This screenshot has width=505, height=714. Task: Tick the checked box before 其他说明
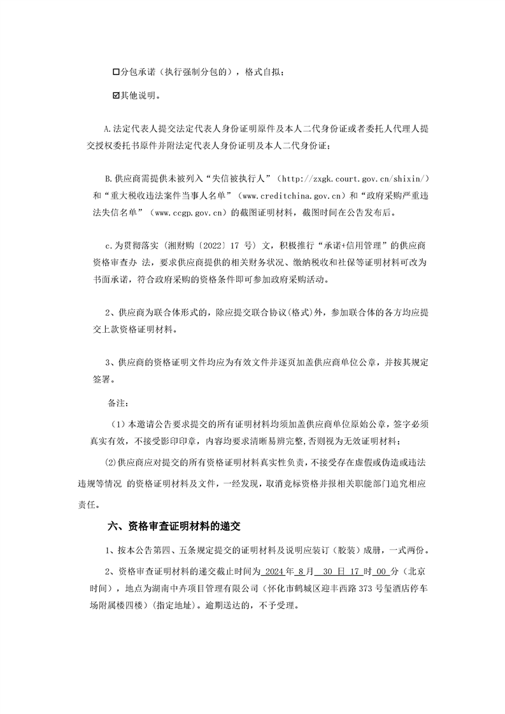(115, 95)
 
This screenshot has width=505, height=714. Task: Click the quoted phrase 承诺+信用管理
(350, 244)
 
